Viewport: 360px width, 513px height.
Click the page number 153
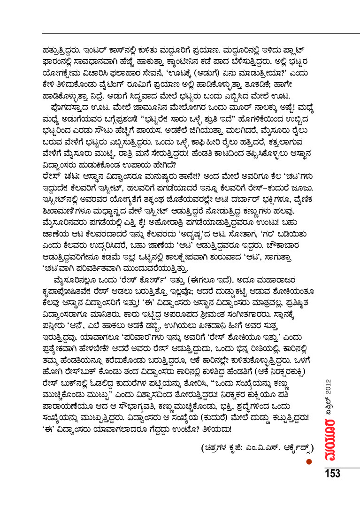[x=331, y=474]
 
